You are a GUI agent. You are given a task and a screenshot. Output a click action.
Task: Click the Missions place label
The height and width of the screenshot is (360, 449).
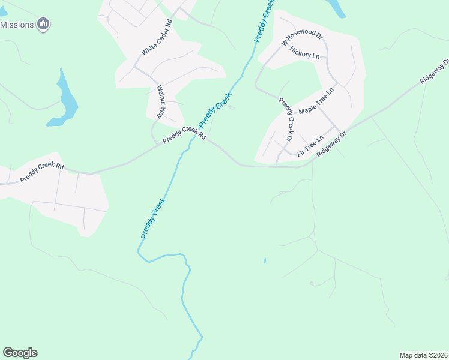click(17, 25)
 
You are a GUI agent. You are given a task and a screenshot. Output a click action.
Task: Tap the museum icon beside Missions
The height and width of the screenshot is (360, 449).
click(43, 24)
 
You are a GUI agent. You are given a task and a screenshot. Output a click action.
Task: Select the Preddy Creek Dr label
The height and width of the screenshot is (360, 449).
click(285, 120)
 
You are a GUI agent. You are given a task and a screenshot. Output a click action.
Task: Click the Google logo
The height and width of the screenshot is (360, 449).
click(20, 353)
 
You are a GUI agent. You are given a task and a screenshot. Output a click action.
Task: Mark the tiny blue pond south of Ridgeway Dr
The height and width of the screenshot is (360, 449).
click(265, 261)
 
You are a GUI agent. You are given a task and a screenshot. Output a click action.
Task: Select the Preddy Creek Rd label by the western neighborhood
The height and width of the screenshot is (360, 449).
click(41, 172)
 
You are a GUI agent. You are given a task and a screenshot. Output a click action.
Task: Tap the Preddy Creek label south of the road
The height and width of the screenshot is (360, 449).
click(152, 220)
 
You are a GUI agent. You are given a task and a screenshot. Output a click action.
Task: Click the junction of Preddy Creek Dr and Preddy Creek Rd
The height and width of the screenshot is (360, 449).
click(277, 166)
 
